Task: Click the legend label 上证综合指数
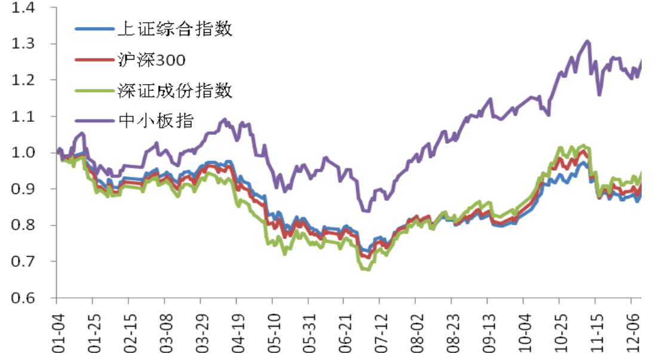174,29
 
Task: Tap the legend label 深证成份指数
174,91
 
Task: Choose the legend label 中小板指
157,121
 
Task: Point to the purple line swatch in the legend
94,122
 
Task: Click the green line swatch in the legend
94,91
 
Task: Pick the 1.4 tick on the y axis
23,8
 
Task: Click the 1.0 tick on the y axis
23,153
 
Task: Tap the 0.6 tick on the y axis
23,297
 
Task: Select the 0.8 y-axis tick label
23,225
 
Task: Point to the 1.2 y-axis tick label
23,80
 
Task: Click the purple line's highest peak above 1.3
587,41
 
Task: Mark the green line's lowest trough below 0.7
366,269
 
